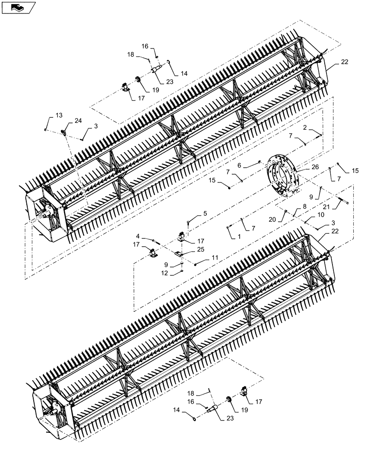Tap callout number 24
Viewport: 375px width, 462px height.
pyautogui.click(x=78, y=121)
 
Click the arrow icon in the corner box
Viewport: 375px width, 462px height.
pyautogui.click(x=17, y=7)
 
